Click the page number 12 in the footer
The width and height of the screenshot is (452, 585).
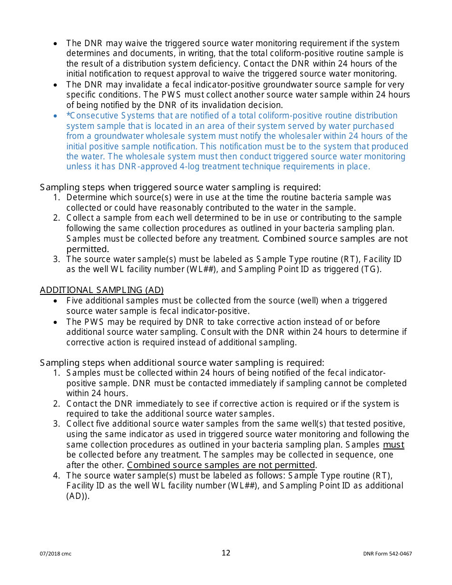click(226, 553)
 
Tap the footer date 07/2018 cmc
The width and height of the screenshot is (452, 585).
click(56, 554)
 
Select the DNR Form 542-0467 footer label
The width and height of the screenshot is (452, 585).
click(387, 554)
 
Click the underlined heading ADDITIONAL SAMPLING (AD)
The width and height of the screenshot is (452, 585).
click(101, 290)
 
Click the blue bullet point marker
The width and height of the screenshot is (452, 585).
click(56, 116)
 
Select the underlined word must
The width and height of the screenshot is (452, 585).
click(393, 445)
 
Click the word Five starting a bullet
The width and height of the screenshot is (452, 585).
click(75, 301)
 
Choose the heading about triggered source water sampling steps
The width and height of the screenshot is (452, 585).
click(180, 187)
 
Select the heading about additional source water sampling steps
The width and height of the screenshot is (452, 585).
click(182, 363)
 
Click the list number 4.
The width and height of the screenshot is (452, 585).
click(56, 476)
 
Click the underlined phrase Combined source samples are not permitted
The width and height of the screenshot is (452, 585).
click(221, 465)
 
